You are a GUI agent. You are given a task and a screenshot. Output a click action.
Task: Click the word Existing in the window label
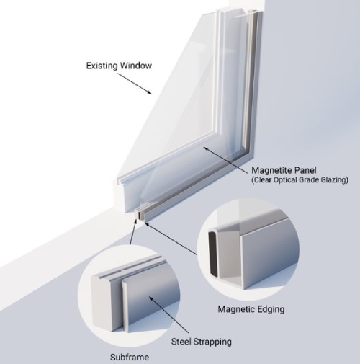[102, 66]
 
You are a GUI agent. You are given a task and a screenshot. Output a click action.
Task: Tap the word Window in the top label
[136, 66]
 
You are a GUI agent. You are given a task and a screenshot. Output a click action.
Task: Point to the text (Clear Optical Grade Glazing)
[300, 180]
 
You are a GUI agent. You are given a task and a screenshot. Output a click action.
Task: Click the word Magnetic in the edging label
[236, 309]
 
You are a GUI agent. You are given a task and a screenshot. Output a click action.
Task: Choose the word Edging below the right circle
[271, 309]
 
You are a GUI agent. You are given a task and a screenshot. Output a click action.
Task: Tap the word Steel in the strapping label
[181, 342]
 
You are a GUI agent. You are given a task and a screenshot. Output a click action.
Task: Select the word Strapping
[212, 342]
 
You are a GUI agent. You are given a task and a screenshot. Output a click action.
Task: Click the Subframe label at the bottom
[130, 358]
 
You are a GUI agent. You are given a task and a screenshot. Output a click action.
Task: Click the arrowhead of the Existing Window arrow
[150, 93]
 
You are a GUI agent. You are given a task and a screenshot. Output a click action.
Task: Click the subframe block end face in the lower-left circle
[100, 301]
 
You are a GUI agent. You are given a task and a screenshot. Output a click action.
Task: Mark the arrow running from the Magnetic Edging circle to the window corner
[171, 239]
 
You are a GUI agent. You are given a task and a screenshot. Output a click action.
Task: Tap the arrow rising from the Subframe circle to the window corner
[133, 231]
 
